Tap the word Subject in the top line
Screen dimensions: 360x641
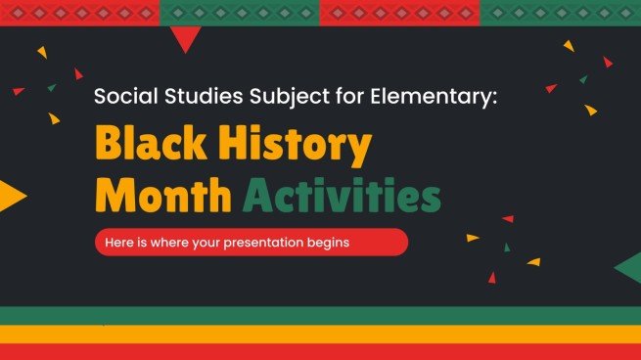click(276, 99)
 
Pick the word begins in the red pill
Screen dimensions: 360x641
click(330, 242)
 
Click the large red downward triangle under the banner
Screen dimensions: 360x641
click(185, 37)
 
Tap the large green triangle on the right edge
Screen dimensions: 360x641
click(629, 266)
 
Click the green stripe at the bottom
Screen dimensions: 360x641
click(320, 315)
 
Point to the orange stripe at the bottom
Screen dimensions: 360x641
click(320, 334)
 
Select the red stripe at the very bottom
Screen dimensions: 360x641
click(320, 351)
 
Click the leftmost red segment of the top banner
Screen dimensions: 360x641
click(79, 12)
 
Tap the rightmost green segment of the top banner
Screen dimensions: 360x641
click(560, 12)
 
